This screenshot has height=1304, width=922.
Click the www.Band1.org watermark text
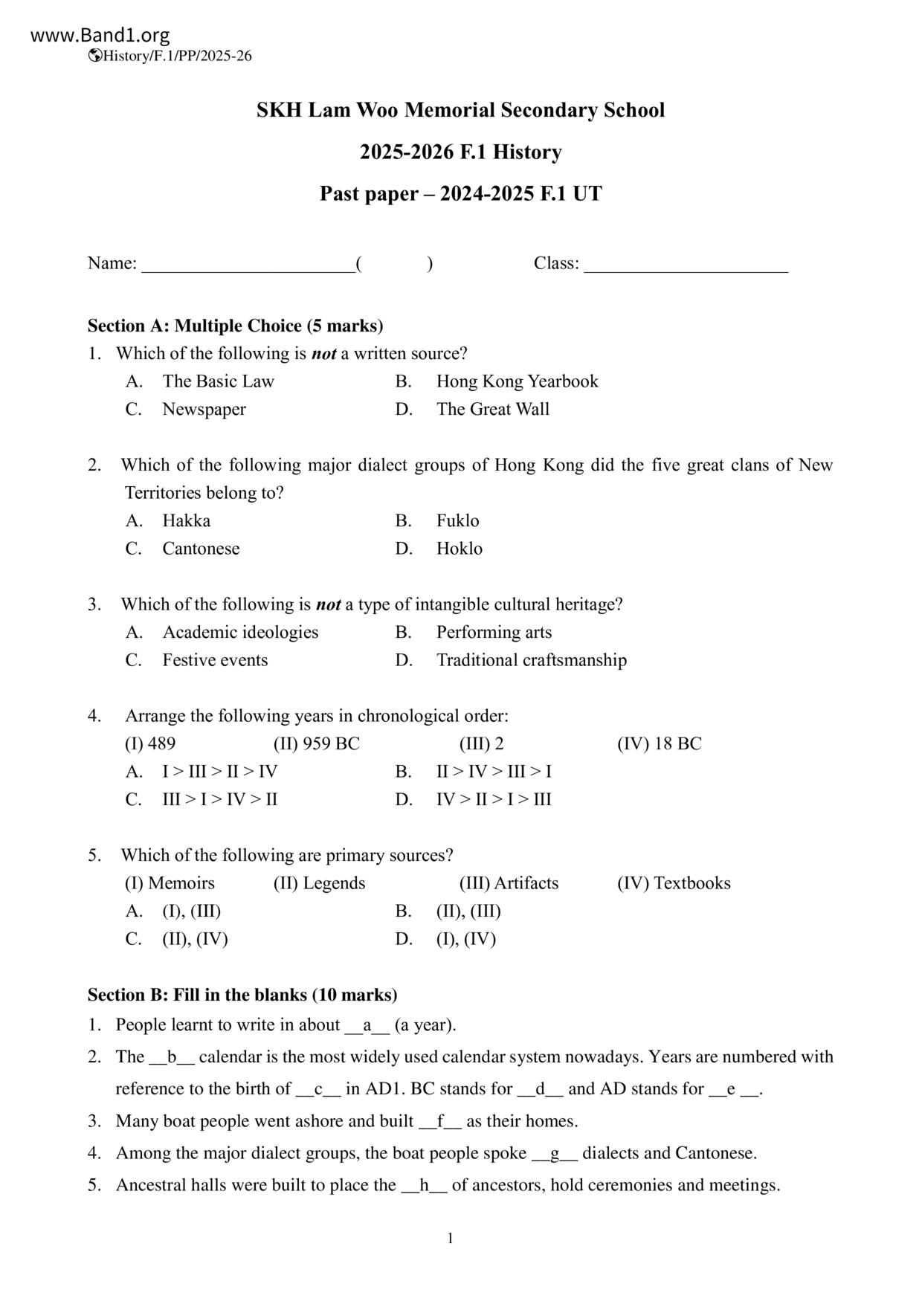point(100,35)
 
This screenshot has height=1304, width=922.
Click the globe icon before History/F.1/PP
point(94,56)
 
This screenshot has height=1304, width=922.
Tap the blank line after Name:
point(248,265)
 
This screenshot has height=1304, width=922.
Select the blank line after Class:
point(686,265)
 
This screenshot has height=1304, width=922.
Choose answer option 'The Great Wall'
point(492,409)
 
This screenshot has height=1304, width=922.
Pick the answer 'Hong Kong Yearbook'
point(517,381)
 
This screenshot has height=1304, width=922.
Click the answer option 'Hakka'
point(186,520)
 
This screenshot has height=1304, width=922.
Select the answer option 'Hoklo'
point(459,549)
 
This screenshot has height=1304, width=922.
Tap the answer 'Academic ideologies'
point(240,632)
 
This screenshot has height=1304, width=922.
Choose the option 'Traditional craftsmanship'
point(531,660)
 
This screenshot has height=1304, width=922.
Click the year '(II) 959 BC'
point(316,743)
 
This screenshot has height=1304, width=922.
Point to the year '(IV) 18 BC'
point(659,743)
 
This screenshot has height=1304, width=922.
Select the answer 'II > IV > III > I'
point(494,772)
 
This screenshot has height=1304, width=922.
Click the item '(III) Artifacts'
point(509,883)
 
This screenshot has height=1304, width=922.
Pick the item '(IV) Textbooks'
point(674,883)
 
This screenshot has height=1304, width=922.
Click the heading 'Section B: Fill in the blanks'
point(242,995)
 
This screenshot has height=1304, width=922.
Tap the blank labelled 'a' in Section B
point(367,1025)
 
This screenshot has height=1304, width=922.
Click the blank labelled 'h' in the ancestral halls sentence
point(424,1185)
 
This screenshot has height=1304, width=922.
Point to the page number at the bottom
point(451,1238)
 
